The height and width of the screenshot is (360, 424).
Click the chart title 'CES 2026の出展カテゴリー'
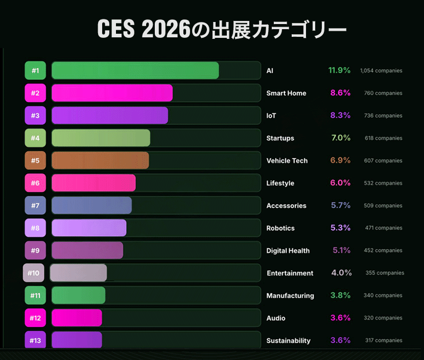click(222, 30)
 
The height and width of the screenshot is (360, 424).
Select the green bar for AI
click(135, 71)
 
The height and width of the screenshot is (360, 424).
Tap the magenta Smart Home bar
click(112, 93)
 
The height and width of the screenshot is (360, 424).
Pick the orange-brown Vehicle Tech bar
click(100, 161)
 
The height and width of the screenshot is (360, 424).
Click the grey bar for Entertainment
click(79, 273)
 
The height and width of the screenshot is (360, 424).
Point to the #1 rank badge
click(35, 71)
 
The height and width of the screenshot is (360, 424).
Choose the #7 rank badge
click(35, 206)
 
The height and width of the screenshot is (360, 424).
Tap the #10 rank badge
click(34, 273)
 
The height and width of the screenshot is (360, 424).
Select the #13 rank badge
click(35, 341)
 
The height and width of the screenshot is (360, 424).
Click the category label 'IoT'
click(271, 116)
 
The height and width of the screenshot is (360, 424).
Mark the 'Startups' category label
click(280, 138)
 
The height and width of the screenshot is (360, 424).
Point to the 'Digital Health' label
click(288, 251)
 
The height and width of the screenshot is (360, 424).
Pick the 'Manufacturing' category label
click(290, 296)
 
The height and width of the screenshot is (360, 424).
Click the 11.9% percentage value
click(339, 71)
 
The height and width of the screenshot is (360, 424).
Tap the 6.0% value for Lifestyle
click(340, 183)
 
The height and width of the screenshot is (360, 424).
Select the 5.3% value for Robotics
click(340, 228)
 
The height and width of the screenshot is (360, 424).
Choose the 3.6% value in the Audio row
click(340, 318)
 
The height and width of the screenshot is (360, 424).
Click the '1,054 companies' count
click(381, 71)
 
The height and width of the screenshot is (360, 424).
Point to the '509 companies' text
click(383, 206)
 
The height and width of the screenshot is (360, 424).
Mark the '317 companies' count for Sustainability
click(384, 341)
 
